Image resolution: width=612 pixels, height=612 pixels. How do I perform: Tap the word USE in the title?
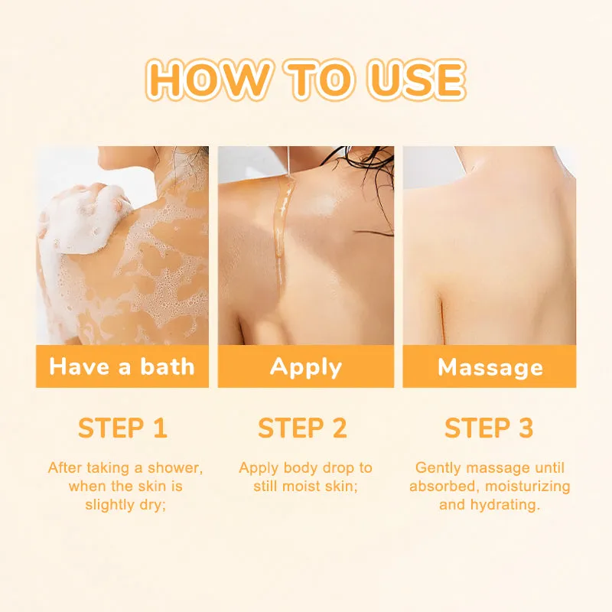(416, 80)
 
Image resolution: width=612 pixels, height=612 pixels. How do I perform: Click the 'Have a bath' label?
(122, 367)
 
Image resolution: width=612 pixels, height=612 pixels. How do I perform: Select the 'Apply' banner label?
(305, 368)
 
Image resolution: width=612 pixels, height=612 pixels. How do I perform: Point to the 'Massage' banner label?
(490, 368)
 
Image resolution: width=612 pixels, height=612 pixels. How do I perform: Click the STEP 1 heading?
(122, 428)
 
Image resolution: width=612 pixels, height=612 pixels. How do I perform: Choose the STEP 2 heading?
(302, 428)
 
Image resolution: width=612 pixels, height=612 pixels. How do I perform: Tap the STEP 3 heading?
(489, 428)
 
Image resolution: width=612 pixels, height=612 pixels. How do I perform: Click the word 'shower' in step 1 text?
(175, 467)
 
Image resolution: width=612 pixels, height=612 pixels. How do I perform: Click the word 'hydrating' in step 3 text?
(506, 505)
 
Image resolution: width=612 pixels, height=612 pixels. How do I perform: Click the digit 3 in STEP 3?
(526, 428)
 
